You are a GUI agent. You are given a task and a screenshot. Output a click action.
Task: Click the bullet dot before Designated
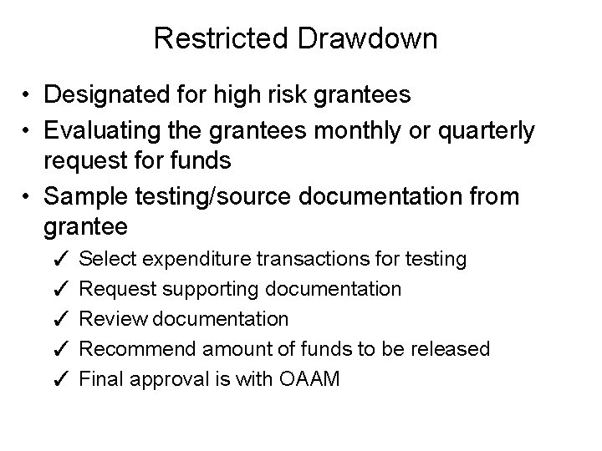coord(28,94)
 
